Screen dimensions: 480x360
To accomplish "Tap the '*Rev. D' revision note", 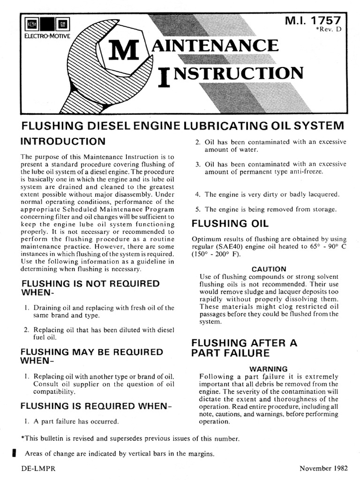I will (x=330, y=31).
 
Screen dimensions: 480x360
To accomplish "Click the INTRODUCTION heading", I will (x=63, y=141).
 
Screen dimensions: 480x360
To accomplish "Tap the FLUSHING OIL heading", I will (x=226, y=224).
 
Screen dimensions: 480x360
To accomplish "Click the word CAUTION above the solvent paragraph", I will (x=269, y=269).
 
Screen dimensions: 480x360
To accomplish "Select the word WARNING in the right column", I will (x=269, y=369).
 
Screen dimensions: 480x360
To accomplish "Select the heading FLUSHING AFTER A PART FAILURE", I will (x=244, y=348).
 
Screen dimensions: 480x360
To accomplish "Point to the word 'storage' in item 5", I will (x=324, y=210).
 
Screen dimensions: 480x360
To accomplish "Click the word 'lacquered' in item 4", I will (x=322, y=194).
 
